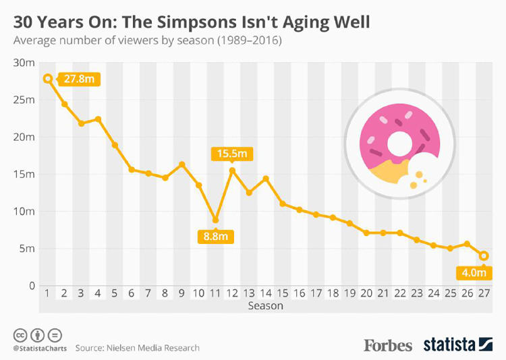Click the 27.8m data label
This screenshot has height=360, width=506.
[79, 79]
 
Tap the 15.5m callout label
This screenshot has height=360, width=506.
[231, 154]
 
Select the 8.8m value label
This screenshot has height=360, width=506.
[215, 237]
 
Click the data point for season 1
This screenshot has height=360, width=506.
[48, 78]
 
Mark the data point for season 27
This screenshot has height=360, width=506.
[484, 256]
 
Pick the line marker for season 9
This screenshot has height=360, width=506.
[181, 164]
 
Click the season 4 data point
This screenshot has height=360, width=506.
[98, 119]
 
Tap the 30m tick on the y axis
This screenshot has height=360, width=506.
[25, 63]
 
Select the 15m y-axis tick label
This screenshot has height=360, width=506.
[25, 174]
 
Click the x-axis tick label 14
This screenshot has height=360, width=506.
[265, 293]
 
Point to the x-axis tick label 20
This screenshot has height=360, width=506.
[366, 293]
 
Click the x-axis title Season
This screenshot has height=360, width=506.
[264, 305]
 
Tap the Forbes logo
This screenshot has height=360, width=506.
[388, 344]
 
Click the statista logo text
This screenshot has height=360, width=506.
[449, 344]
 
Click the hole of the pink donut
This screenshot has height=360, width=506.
[400, 142]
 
